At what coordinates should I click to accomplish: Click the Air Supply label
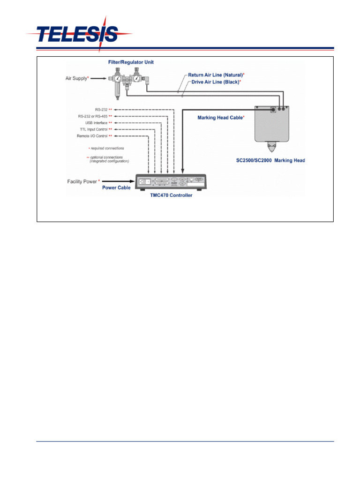click(x=77, y=78)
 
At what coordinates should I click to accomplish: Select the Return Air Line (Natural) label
click(x=216, y=75)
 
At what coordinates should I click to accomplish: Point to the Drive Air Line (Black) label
click(x=216, y=82)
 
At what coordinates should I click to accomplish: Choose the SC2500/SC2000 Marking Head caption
click(x=270, y=160)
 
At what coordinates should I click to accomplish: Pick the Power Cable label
click(x=116, y=187)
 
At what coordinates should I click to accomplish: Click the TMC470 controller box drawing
click(x=172, y=181)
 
